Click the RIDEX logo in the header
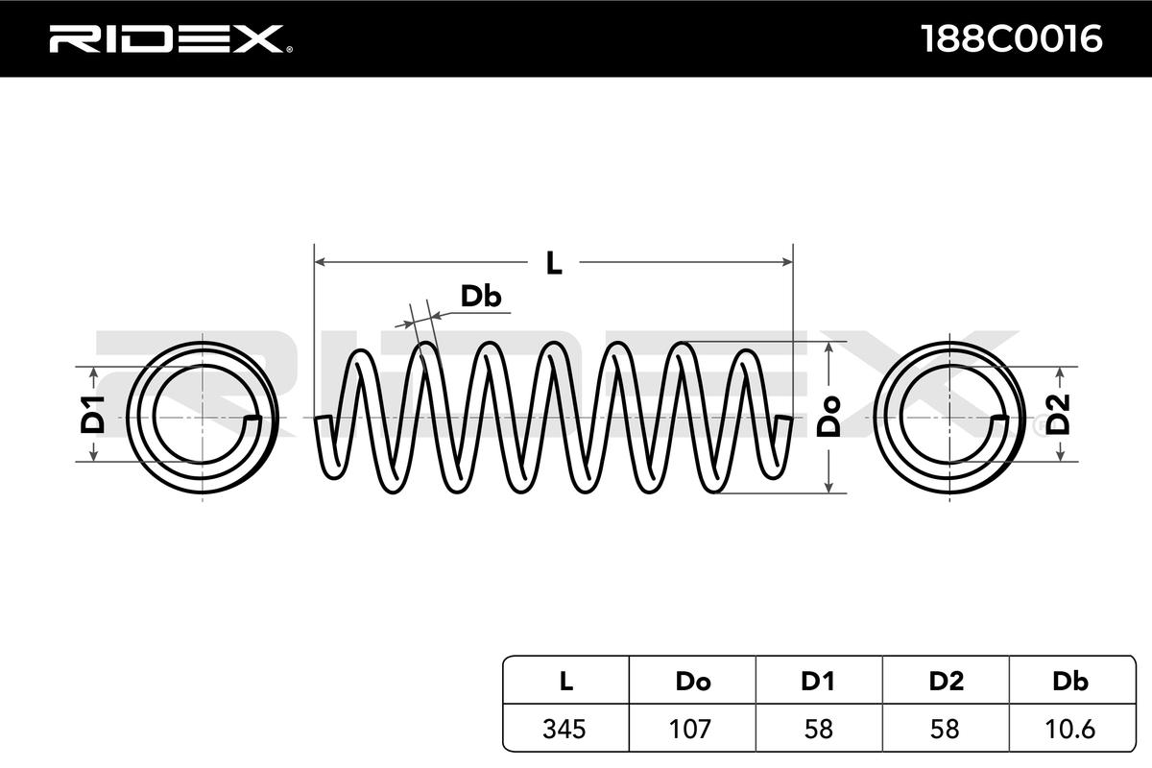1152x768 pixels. pos(171,39)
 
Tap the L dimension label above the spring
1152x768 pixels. pos(553,263)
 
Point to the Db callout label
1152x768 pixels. pos(480,297)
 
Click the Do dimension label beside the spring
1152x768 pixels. pos(829,417)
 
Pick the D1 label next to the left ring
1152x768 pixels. pos(93,415)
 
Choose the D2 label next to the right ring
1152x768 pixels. pos(1058,415)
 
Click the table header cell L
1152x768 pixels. pos(565,682)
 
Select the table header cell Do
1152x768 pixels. pos(693,682)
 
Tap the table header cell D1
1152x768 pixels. pos(818,682)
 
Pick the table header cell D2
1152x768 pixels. pos(946,682)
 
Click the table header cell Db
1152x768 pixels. pos(1070,682)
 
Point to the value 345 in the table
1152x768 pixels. pos(564,730)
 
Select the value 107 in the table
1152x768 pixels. pos(690,730)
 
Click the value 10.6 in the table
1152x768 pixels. pos(1070,730)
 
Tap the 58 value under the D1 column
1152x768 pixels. pos(818,730)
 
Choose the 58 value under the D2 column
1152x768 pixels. pos(946,730)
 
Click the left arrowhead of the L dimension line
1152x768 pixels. pos(320,262)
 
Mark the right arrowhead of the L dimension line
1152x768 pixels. pos(787,262)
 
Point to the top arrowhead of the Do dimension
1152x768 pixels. pos(828,347)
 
